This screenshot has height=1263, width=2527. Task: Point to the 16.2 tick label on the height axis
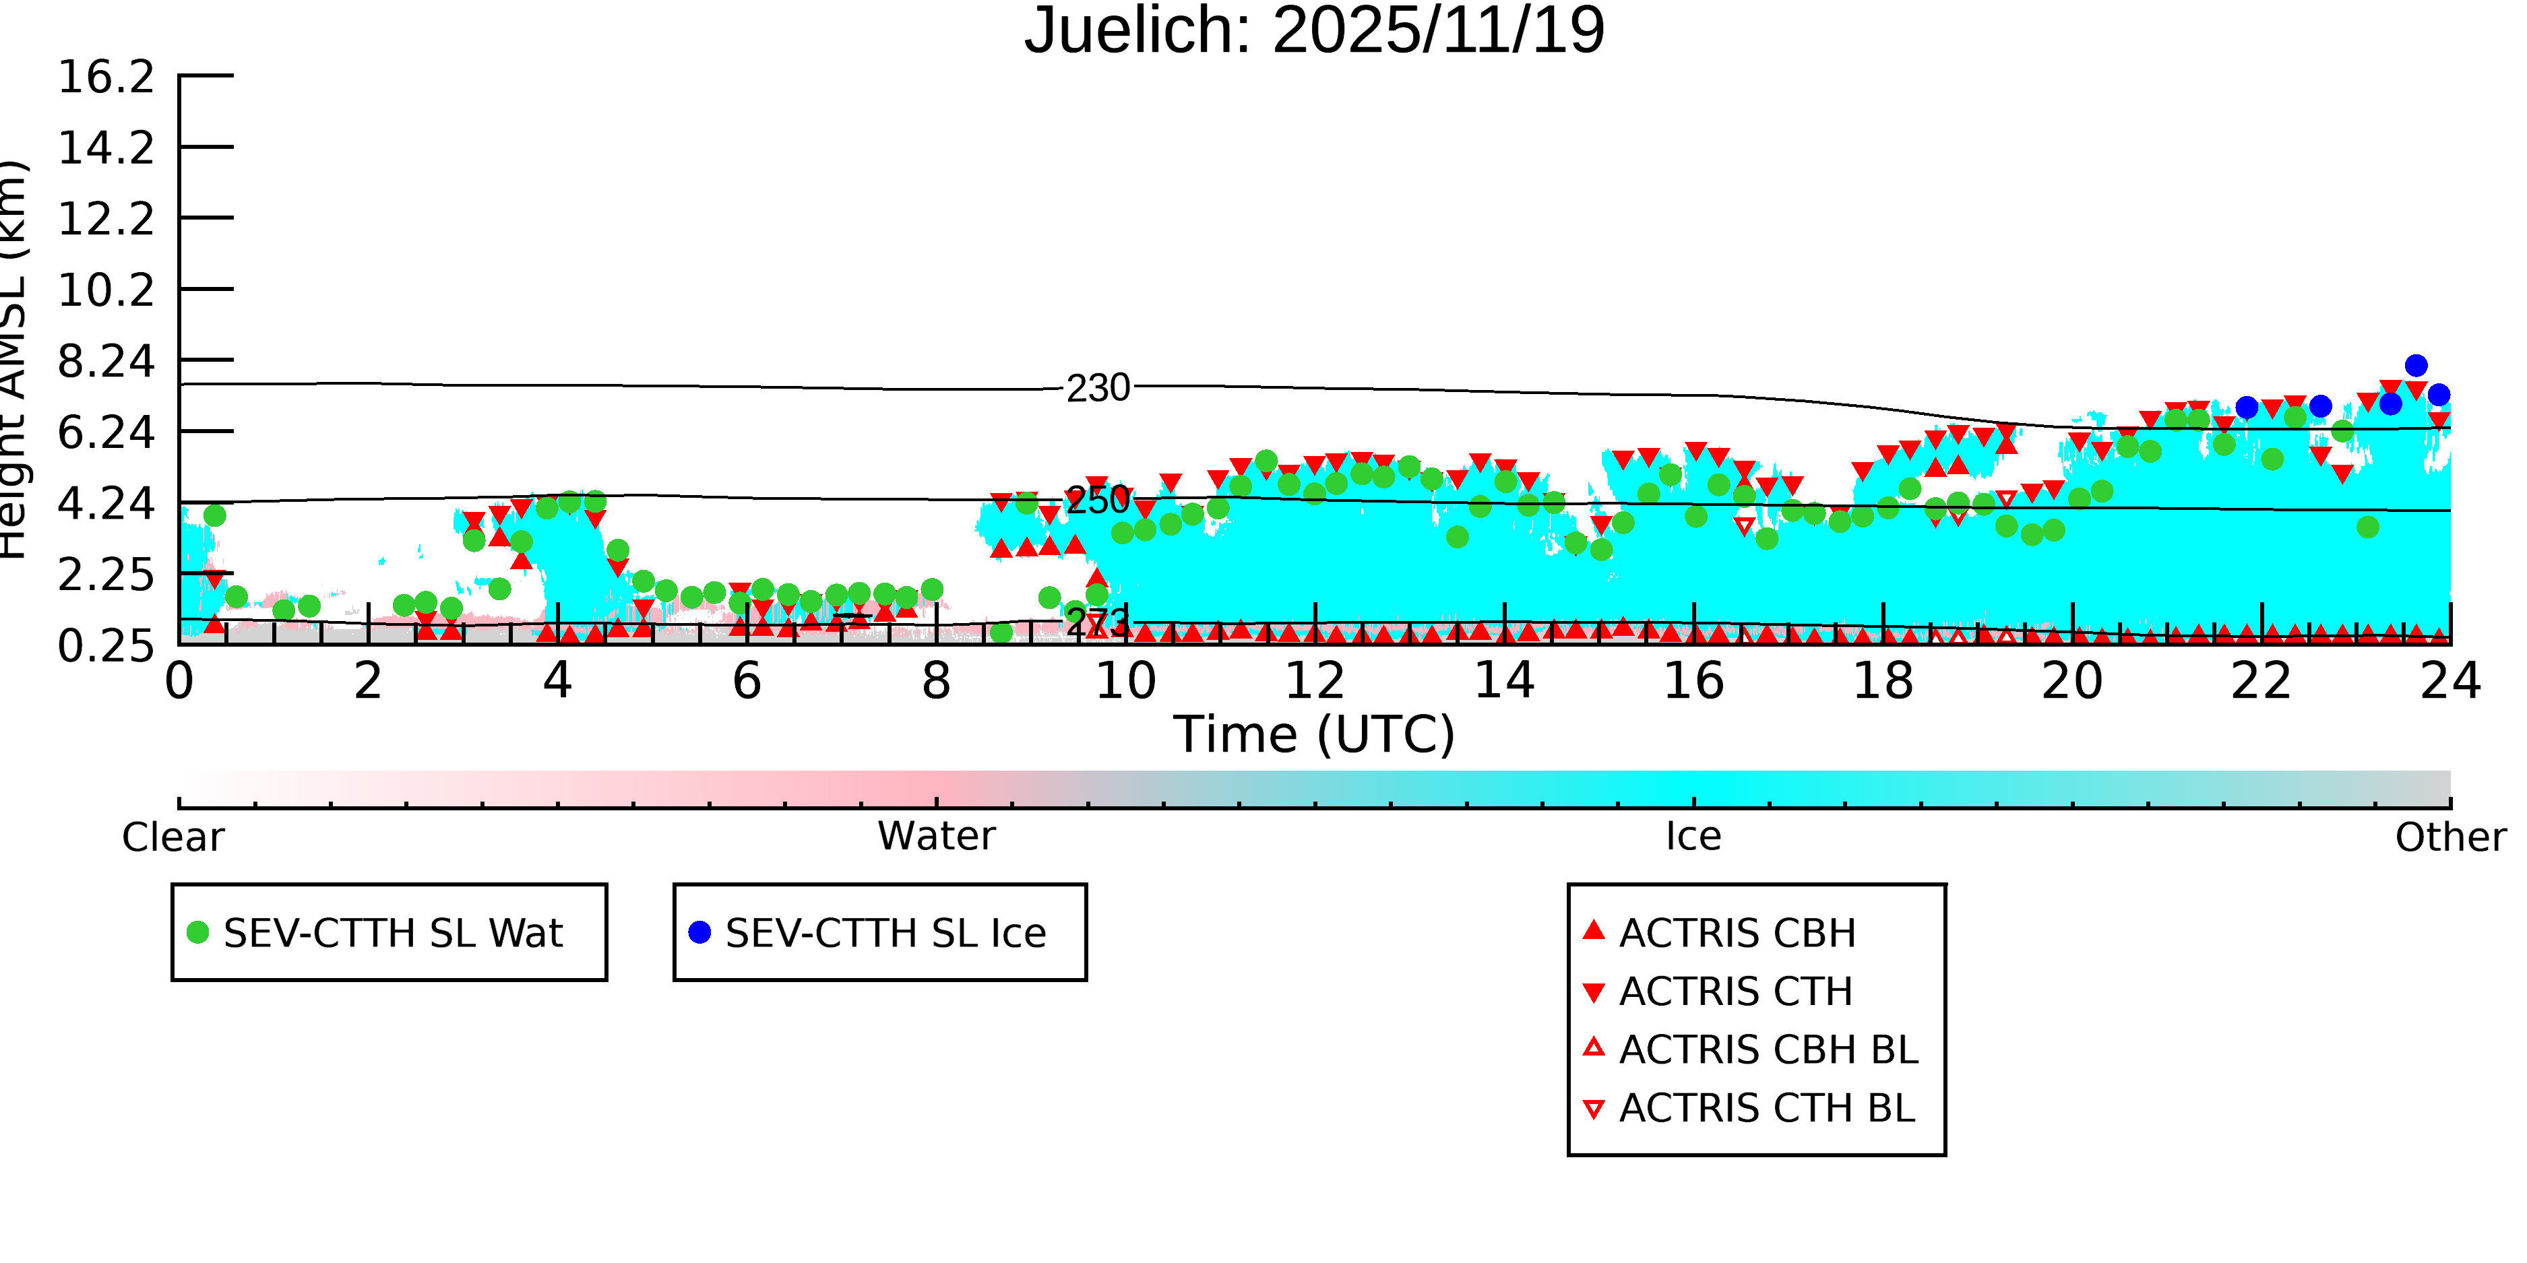pos(106,77)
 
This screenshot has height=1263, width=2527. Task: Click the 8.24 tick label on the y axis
pos(106,361)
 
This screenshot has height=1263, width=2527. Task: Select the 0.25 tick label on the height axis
pos(106,645)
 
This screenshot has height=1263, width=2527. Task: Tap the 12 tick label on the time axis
pos(1315,680)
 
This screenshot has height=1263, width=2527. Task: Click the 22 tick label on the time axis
pos(2261,680)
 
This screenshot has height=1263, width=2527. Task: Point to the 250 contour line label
pos(1098,501)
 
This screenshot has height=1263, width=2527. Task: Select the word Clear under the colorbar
pos(173,837)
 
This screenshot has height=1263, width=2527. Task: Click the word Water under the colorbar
pos(936,837)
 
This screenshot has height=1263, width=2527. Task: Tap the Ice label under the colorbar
pos(1693,837)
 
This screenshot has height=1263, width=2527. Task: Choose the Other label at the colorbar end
pos(2450,837)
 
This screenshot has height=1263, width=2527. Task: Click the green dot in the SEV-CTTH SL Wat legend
pos(198,932)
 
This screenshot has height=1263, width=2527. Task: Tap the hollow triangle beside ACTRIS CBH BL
pos(1594,1048)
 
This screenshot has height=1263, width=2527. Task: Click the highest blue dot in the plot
pos(2416,366)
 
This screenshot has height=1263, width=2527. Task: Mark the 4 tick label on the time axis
pos(557,680)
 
